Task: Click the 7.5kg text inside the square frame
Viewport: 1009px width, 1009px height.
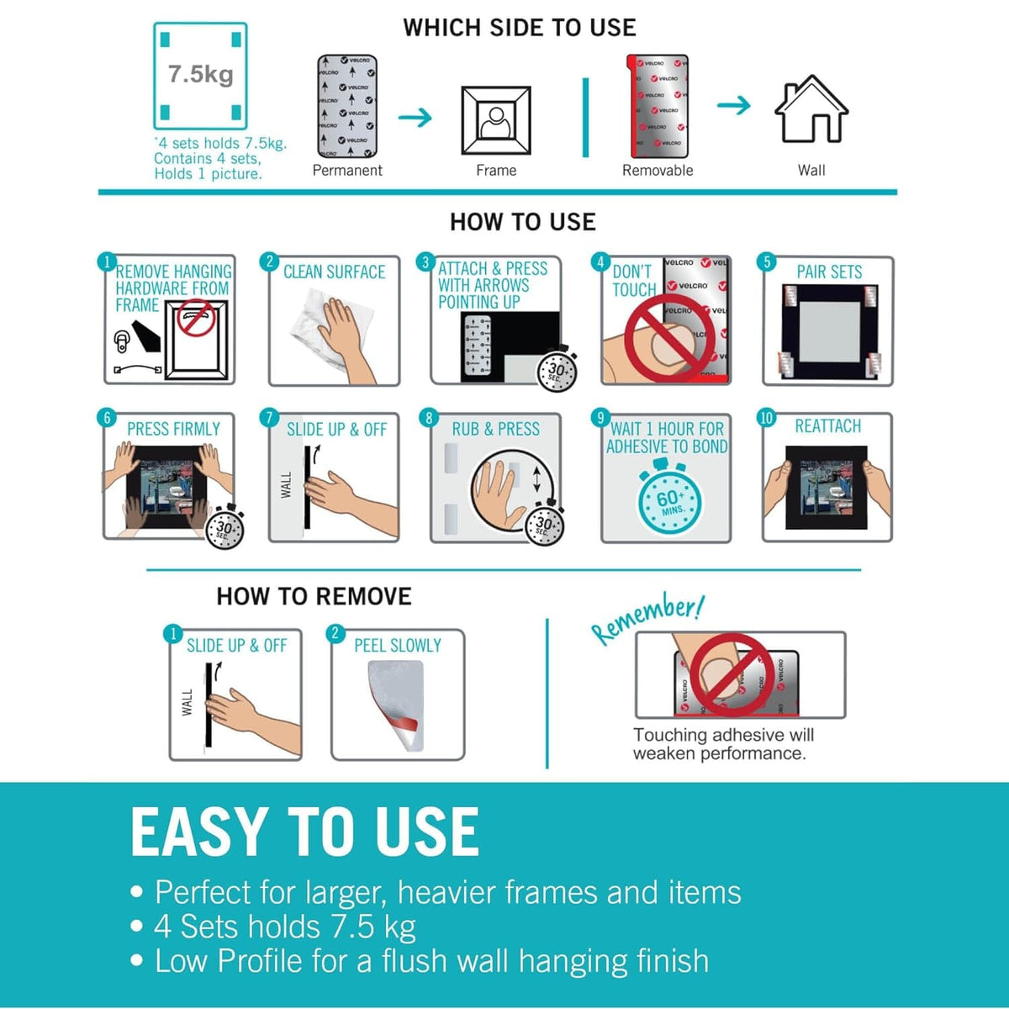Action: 200,74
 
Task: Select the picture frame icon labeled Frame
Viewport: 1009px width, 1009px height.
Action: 495,120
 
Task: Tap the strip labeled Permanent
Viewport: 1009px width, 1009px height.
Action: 347,106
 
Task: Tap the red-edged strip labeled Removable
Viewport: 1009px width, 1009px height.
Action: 658,106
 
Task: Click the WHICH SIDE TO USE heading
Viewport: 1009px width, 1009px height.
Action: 520,28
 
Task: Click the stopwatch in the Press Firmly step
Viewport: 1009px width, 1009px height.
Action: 225,527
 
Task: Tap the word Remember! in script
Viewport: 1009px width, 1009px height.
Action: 647,618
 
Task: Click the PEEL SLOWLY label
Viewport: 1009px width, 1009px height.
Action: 397,646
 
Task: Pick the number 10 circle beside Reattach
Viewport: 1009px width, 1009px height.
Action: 766,418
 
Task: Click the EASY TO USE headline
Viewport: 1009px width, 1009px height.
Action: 305,832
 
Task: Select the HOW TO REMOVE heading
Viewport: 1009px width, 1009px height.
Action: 314,596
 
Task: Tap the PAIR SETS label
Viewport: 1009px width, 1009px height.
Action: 829,272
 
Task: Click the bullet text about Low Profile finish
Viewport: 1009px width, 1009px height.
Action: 431,961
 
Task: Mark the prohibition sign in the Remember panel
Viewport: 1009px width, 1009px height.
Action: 731,674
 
